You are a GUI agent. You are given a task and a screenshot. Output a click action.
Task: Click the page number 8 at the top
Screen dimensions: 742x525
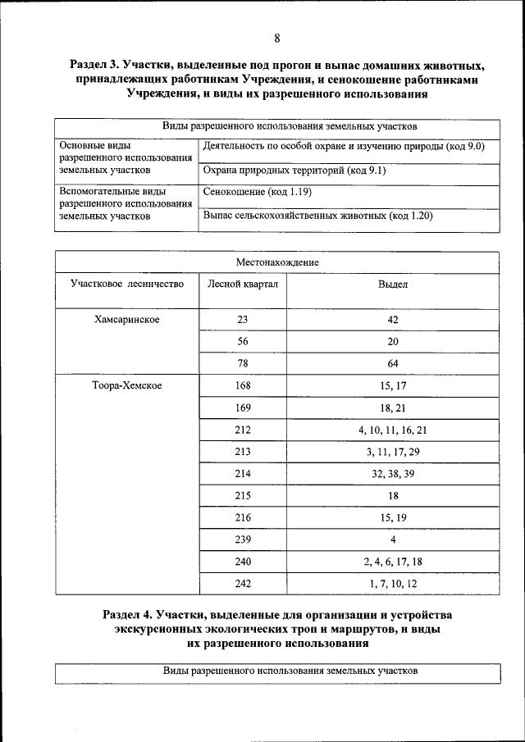(x=277, y=39)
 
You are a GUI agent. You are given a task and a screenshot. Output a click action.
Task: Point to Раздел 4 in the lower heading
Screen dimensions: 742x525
(x=130, y=614)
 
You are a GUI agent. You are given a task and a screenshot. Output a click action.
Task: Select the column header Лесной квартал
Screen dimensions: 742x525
(x=243, y=284)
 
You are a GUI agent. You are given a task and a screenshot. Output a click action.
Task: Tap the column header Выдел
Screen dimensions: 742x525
(x=393, y=284)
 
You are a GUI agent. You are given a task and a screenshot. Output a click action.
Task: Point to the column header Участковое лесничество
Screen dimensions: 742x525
(x=126, y=284)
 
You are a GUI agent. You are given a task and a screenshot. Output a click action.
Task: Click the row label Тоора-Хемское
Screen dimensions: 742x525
(x=127, y=385)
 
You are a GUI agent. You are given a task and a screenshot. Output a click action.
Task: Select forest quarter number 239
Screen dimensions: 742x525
(x=242, y=540)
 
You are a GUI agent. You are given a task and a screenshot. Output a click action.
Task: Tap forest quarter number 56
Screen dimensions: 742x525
(x=242, y=341)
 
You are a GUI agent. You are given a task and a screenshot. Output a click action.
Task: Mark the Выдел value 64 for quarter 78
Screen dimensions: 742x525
(x=393, y=363)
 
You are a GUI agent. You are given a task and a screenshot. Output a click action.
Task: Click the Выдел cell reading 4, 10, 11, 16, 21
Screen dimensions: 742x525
(x=393, y=430)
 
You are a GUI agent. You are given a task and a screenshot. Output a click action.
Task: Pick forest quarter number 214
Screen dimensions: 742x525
(x=242, y=474)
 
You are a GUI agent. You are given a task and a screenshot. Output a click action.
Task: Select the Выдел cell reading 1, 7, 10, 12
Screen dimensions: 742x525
(x=393, y=584)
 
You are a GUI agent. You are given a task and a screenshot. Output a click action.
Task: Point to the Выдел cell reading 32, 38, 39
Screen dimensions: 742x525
(x=393, y=474)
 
